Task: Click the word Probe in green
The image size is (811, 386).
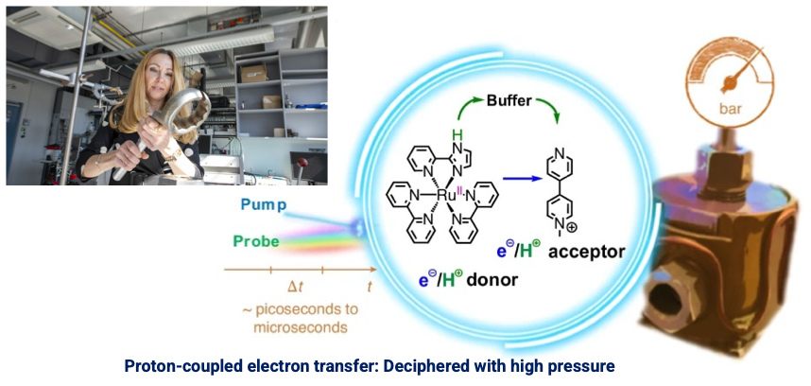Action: click(x=256, y=241)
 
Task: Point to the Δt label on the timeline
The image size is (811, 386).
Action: click(x=294, y=285)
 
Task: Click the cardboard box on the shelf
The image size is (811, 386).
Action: click(x=253, y=72)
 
